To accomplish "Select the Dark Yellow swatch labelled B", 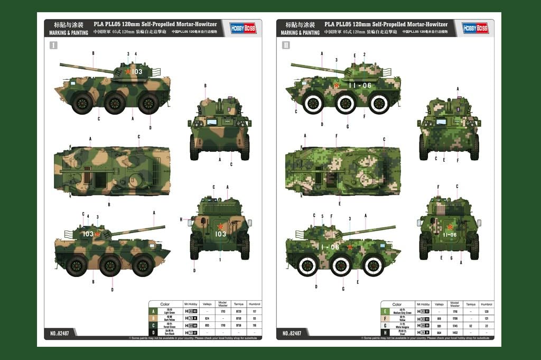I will click(x=153, y=319).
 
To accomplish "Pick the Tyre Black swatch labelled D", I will click(x=153, y=333).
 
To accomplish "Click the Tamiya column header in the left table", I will click(x=237, y=304).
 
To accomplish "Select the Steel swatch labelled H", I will click(x=386, y=333).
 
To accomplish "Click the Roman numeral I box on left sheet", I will click(x=53, y=45).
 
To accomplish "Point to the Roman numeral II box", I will click(x=286, y=45).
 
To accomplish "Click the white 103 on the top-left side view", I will click(x=137, y=71).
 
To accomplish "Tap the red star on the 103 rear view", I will click(x=220, y=226).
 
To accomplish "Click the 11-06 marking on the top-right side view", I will click(x=360, y=85).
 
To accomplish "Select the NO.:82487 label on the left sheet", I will click(x=60, y=333).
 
